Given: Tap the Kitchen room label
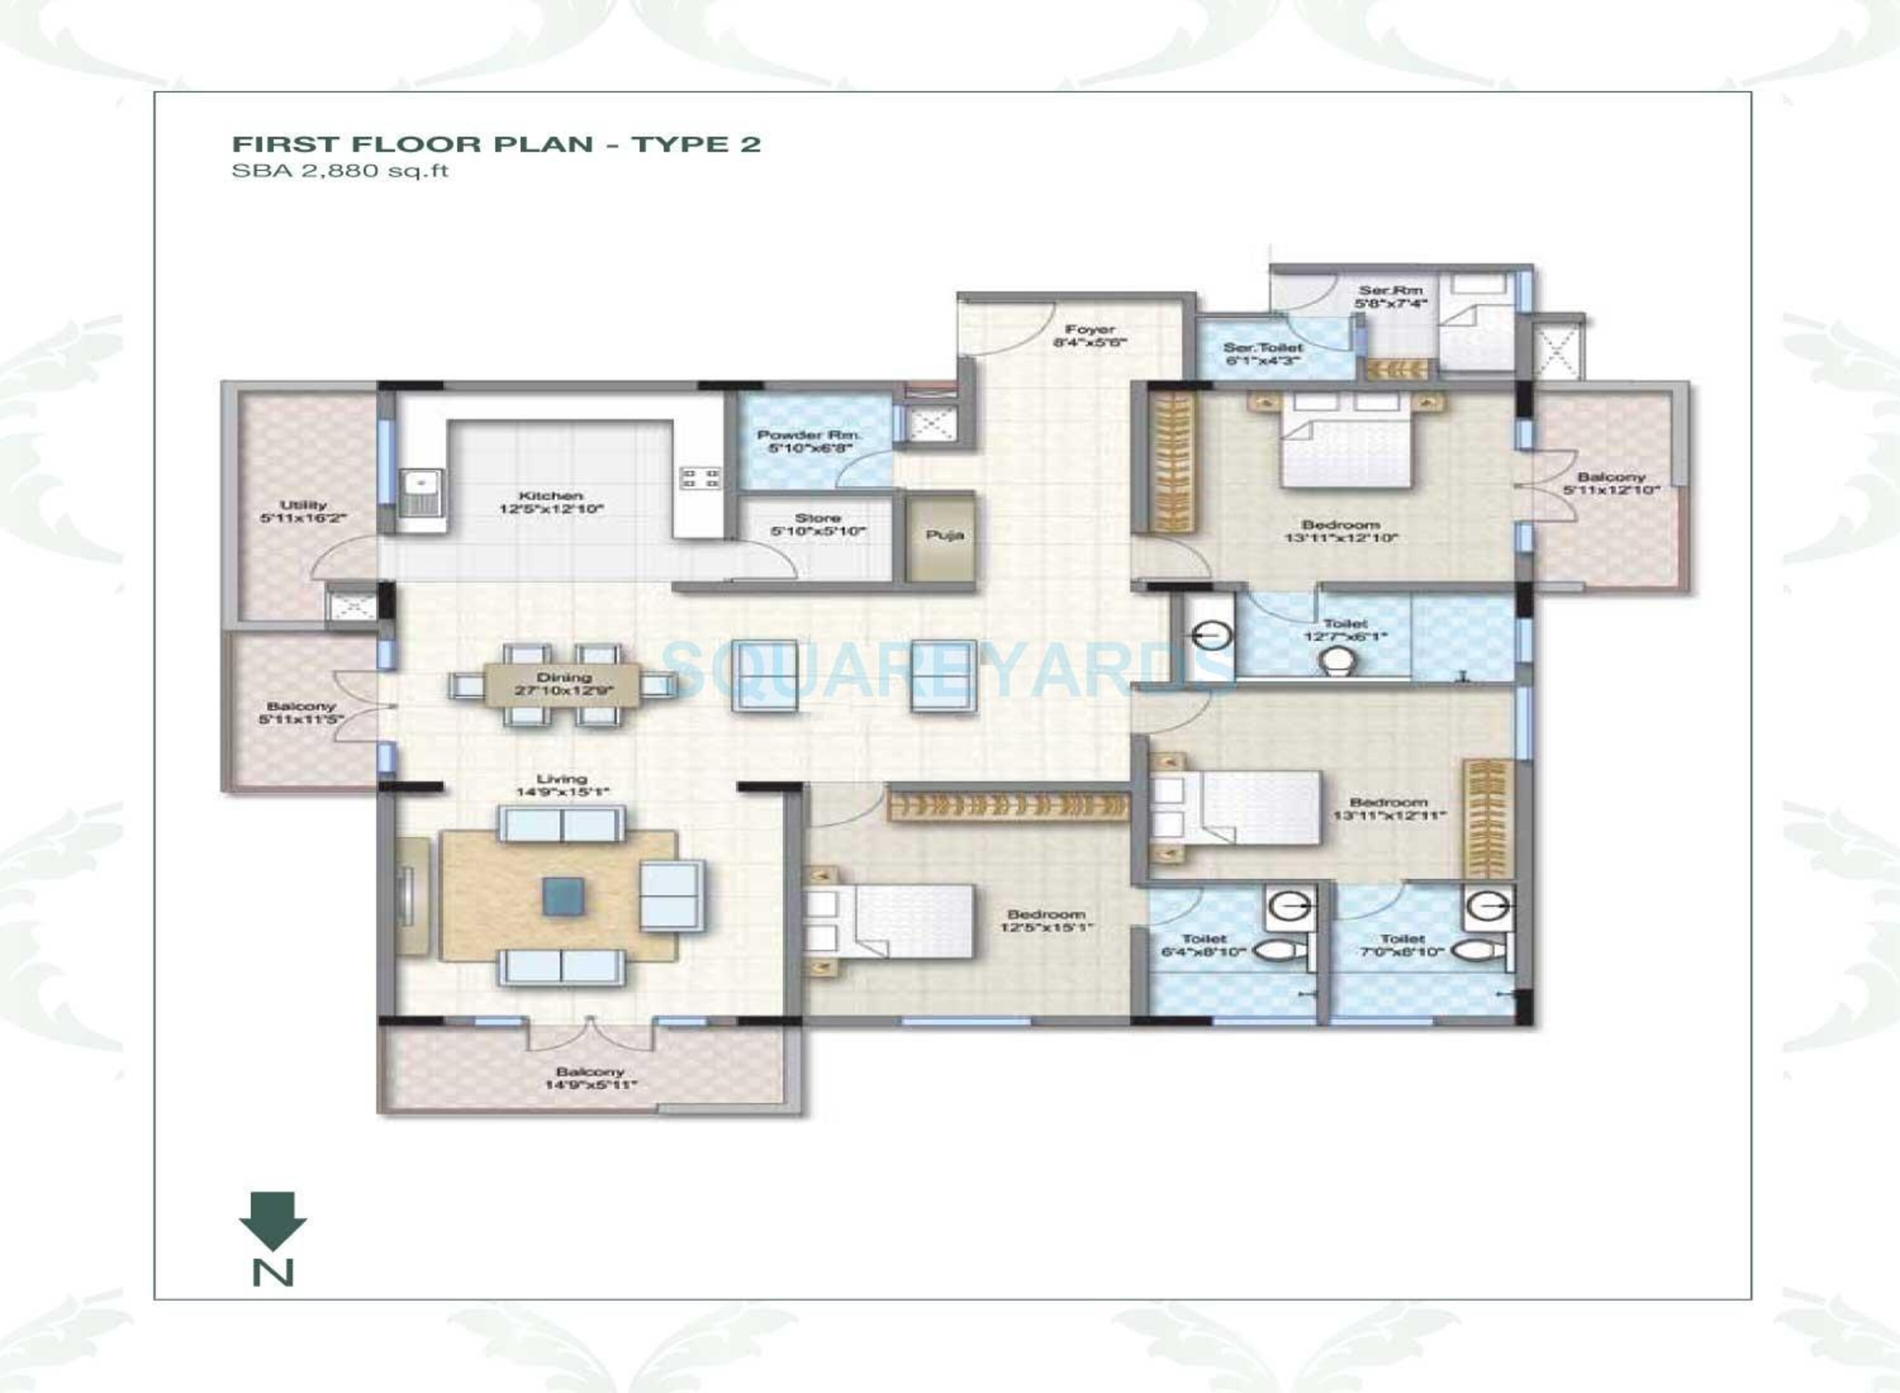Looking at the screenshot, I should (x=551, y=496).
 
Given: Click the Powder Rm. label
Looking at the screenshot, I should (x=809, y=435).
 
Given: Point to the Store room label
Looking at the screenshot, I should (x=817, y=519).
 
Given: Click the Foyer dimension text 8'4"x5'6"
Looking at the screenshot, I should (x=1089, y=343).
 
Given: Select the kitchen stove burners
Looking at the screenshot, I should (x=700, y=479).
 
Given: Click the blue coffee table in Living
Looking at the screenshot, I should (x=563, y=895).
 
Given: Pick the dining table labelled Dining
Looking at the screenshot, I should (x=563, y=684).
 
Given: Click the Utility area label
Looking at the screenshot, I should (x=303, y=505).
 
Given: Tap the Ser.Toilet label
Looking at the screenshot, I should (x=1262, y=348).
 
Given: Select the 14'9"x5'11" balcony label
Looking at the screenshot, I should (x=590, y=1085).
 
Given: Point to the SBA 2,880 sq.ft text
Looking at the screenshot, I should (x=340, y=171).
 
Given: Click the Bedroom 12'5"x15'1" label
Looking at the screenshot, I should (x=1046, y=921).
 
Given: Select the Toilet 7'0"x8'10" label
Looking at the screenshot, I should (x=1402, y=945).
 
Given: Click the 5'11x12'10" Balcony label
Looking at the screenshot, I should (x=1611, y=483).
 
